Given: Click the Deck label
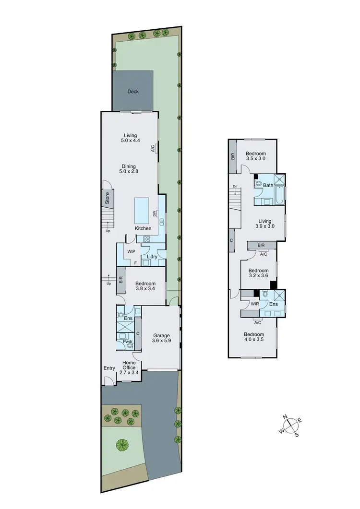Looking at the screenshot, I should click(x=133, y=91).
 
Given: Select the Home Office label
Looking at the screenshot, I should click(x=129, y=365).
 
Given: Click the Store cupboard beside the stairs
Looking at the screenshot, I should click(x=108, y=197).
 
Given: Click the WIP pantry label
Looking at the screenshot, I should click(x=131, y=251).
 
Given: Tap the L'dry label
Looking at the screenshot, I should click(x=152, y=257).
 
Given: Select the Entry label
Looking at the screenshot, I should click(x=109, y=368).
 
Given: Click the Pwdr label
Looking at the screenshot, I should click(x=127, y=342).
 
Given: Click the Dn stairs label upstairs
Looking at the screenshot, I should click(x=235, y=186).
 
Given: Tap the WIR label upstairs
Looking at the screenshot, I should click(x=254, y=304).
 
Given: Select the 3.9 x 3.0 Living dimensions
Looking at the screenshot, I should click(x=264, y=226).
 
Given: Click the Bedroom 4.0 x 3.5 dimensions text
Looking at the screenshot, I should click(x=254, y=340).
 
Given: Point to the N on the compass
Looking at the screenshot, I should click(x=285, y=416).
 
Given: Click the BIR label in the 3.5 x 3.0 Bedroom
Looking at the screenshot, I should click(x=233, y=156).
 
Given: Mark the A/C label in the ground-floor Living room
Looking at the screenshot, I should click(x=153, y=149).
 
